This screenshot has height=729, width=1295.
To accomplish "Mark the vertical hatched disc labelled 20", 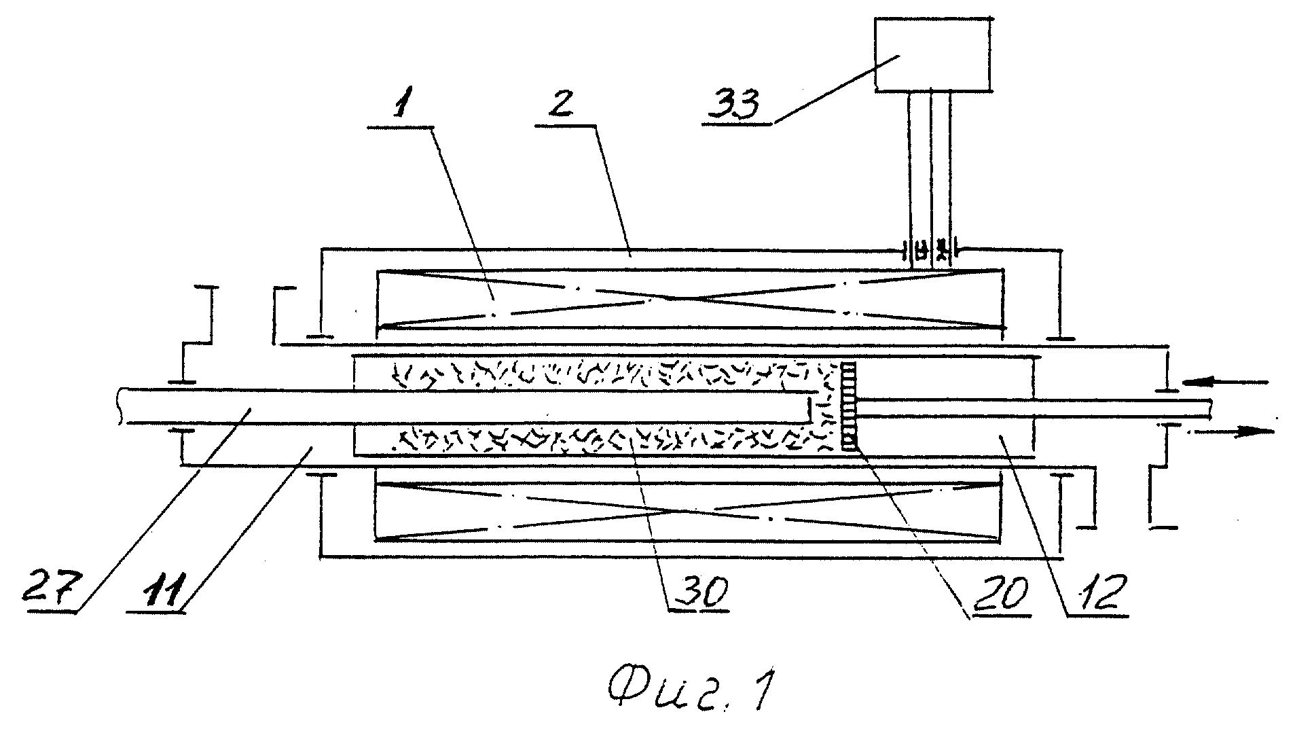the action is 849,405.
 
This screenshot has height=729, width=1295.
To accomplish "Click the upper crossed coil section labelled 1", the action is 689,299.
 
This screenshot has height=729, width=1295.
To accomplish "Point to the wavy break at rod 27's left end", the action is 120,405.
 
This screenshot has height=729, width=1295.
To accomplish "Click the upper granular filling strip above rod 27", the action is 598,373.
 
